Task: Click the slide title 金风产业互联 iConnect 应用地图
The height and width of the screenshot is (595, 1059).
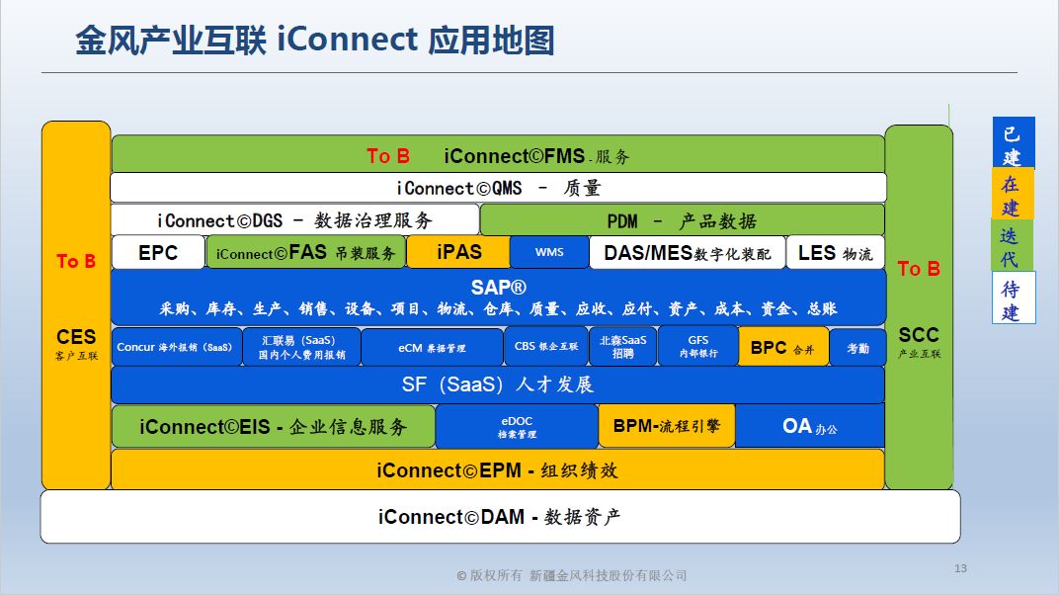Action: tap(314, 41)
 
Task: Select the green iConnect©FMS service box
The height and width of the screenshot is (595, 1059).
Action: tap(498, 155)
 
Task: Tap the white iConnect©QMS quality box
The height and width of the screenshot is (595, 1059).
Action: tap(498, 188)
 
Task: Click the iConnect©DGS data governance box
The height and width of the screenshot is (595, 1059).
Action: tap(295, 219)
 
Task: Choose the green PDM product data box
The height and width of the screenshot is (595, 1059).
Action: tap(682, 219)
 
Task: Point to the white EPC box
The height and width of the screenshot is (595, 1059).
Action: tap(158, 252)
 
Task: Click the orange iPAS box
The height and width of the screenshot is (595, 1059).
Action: tap(458, 252)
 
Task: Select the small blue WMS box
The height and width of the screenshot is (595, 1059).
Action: tap(549, 252)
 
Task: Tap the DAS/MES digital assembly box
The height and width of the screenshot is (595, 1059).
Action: tap(687, 252)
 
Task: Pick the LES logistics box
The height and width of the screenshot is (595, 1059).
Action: tap(835, 252)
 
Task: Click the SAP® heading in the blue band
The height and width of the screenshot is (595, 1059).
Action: tap(498, 288)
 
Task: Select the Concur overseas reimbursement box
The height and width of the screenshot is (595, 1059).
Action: tap(176, 347)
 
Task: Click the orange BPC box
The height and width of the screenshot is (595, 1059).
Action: tap(783, 347)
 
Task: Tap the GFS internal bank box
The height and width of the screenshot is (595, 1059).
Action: tap(697, 347)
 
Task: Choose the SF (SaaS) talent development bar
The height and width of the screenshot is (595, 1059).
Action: tap(498, 384)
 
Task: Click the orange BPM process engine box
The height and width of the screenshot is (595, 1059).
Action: tap(667, 426)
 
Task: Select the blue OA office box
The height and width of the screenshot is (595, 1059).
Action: tap(809, 426)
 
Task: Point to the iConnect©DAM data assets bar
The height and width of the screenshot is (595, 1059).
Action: tap(500, 516)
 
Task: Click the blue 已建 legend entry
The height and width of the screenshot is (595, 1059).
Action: tap(1012, 144)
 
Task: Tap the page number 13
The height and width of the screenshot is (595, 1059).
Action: tap(960, 568)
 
